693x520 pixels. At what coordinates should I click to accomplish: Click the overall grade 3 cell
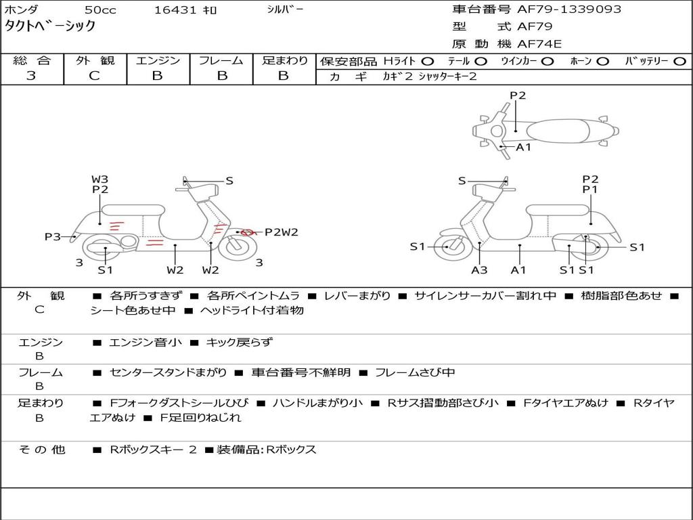[x=31, y=76]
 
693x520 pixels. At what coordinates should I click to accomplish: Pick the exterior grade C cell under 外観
[x=94, y=76]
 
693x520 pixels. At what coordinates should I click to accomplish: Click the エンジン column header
[x=158, y=61]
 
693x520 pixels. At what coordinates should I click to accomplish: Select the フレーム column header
[x=221, y=61]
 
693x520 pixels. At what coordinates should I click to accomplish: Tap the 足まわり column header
[x=284, y=61]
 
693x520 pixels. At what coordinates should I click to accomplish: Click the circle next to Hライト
[x=427, y=61]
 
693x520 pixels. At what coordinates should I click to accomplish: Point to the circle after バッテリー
[x=679, y=61]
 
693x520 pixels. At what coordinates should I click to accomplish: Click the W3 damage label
[x=99, y=179]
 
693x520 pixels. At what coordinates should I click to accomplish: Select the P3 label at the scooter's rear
[x=53, y=236]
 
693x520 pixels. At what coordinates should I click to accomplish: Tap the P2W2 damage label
[x=281, y=232]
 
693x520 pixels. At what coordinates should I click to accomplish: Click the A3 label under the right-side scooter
[x=479, y=270]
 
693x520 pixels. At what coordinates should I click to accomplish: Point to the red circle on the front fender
[x=248, y=232]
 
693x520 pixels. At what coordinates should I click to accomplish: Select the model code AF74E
[x=539, y=44]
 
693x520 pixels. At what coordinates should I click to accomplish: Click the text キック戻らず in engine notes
[x=238, y=343]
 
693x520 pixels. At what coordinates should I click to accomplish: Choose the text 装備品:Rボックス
[x=266, y=450]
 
